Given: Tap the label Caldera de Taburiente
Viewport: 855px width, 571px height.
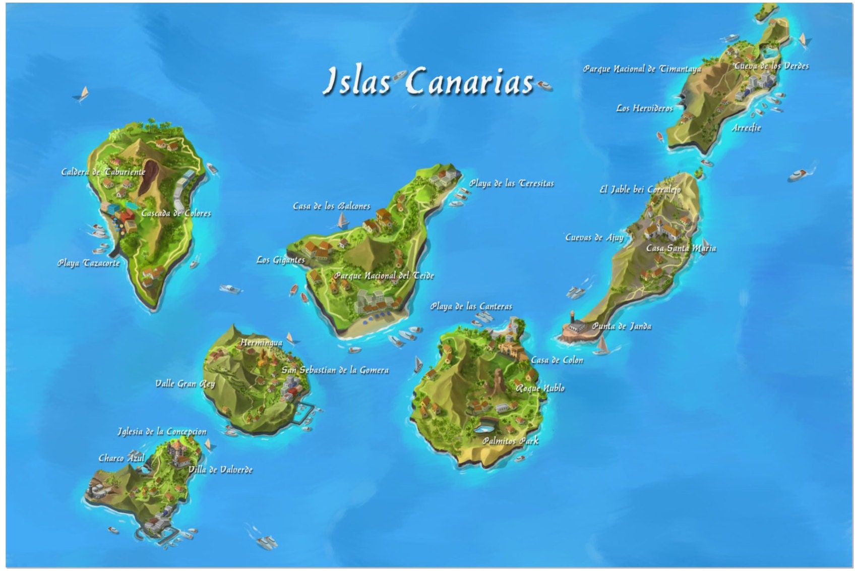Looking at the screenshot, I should (x=103, y=172).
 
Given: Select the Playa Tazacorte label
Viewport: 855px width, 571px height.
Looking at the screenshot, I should (x=88, y=263).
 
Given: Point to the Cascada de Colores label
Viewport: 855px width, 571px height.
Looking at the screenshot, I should (x=176, y=213).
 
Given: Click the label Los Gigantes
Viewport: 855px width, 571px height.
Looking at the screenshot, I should (x=280, y=260).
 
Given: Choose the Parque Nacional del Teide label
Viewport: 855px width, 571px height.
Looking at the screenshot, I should (x=384, y=275).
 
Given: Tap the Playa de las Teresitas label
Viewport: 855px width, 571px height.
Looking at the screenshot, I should (x=511, y=183).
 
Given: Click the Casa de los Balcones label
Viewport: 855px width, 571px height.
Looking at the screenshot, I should (x=331, y=206).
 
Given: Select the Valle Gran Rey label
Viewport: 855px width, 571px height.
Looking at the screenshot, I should (x=185, y=383).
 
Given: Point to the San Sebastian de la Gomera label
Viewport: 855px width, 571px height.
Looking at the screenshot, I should (x=335, y=370).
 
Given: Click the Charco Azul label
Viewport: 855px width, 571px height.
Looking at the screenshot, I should (x=121, y=458).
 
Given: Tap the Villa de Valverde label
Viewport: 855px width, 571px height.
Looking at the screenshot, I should (x=220, y=470).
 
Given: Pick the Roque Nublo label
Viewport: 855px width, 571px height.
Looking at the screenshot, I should (x=539, y=388).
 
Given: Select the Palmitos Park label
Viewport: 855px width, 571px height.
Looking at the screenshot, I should (x=510, y=441).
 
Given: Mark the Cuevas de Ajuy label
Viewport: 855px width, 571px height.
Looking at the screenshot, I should (x=594, y=237).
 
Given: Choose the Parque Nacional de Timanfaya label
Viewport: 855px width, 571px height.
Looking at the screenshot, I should (x=642, y=69).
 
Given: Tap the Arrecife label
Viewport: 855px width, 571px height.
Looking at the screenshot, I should (x=746, y=128).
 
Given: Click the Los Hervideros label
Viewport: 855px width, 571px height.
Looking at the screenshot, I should (x=644, y=108).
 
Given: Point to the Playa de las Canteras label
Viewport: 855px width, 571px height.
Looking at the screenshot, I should (x=471, y=306).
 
